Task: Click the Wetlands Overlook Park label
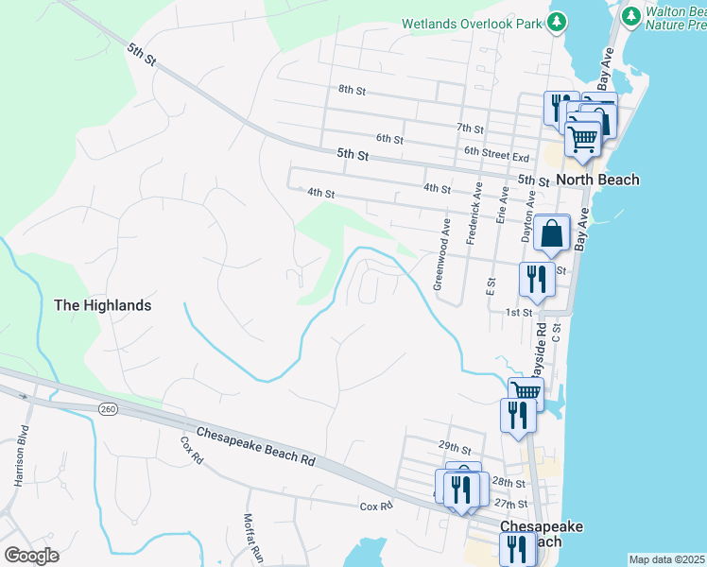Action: click(474, 22)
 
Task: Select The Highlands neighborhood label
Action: click(102, 305)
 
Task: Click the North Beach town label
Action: click(597, 180)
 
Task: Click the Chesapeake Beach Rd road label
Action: click(255, 448)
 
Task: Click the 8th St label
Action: click(352, 90)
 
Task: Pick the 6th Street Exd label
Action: click(495, 151)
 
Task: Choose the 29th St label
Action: click(454, 447)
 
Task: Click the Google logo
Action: click(31, 555)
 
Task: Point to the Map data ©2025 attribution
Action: click(666, 559)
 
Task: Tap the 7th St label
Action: click(470, 128)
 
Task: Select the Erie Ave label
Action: click(503, 204)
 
